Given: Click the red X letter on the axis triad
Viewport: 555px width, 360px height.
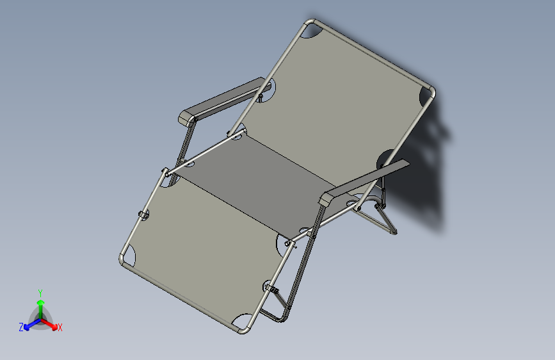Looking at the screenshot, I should coord(60,327).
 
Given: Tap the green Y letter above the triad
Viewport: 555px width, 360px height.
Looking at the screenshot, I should coord(40,292).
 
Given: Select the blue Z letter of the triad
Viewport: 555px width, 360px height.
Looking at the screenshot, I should coord(21,327).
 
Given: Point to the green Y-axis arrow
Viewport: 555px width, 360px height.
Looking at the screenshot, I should coord(40,303).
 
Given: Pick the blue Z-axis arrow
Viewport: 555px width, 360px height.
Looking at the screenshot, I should coord(29,325).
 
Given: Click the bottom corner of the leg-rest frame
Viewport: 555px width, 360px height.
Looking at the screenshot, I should coord(243,329).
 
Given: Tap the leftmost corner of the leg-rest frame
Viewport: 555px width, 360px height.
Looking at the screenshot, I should coord(124,259).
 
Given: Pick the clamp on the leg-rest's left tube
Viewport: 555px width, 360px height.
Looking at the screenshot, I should coord(143,214).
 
